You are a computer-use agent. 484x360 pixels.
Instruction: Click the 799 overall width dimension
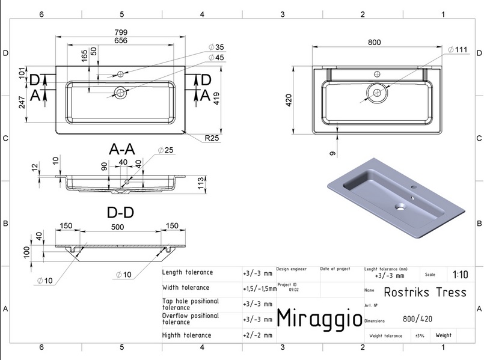pos(121,32)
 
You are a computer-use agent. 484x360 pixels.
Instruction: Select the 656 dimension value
pos(121,40)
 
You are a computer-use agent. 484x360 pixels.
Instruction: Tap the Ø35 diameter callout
pos(216,47)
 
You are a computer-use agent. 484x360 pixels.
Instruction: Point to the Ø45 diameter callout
pos(216,57)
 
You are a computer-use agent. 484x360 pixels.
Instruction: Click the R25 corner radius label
pos(212,138)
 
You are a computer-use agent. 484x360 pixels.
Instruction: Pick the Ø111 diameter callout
pos(458,49)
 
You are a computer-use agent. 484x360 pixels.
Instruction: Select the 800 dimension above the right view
pos(374,42)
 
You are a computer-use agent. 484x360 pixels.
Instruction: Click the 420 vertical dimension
pos(289,100)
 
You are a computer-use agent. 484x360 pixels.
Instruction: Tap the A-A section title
pos(122,149)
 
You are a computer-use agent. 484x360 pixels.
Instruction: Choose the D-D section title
pos(120,213)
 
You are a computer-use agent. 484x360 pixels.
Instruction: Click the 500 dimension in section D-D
pos(118,227)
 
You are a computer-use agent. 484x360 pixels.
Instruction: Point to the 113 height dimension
pos(201,183)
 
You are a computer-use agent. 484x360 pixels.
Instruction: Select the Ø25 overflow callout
pos(165,150)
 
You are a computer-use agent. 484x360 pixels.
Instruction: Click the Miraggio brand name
pos(319,318)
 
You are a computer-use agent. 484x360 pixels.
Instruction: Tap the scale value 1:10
pos(460,274)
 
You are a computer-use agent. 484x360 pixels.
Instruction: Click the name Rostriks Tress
pos(425,292)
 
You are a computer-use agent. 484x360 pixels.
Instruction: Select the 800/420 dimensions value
pos(417,319)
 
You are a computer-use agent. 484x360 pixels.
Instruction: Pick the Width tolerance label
pos(186,287)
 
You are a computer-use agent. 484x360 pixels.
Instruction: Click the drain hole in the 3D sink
pos(400,206)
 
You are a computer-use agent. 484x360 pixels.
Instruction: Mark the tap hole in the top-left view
pos(120,74)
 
